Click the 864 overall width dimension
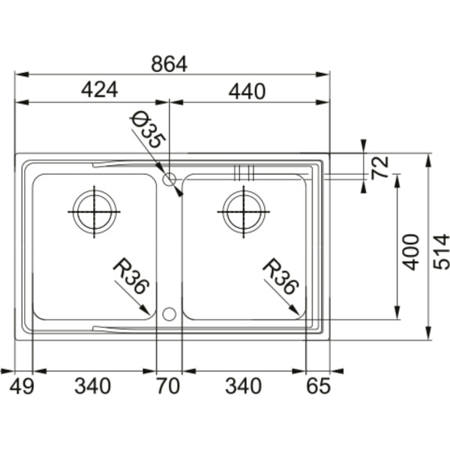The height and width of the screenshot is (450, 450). click(x=169, y=64)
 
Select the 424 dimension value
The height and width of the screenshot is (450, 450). click(x=99, y=89)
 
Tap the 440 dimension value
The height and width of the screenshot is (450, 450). click(x=247, y=91)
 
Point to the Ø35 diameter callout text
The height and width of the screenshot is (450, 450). click(x=148, y=130)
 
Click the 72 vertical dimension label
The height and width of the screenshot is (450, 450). click(x=379, y=168)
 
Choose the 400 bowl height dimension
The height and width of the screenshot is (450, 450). click(x=411, y=252)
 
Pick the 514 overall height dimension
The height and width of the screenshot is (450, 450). click(x=441, y=252)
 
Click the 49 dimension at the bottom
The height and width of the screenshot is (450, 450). click(x=22, y=386)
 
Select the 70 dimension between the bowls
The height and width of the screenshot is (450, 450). click(x=168, y=386)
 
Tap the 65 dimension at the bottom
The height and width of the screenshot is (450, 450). click(x=319, y=386)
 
